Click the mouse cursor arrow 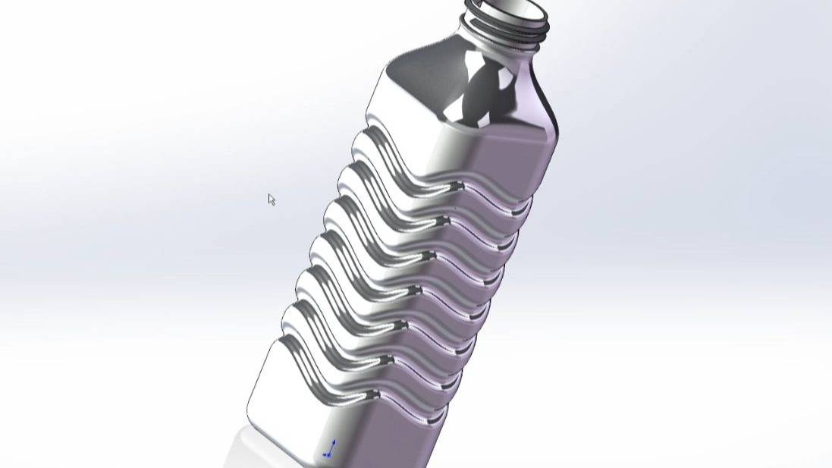272,199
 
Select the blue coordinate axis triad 329,449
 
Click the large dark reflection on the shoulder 485,91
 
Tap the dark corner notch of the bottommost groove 374,395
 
